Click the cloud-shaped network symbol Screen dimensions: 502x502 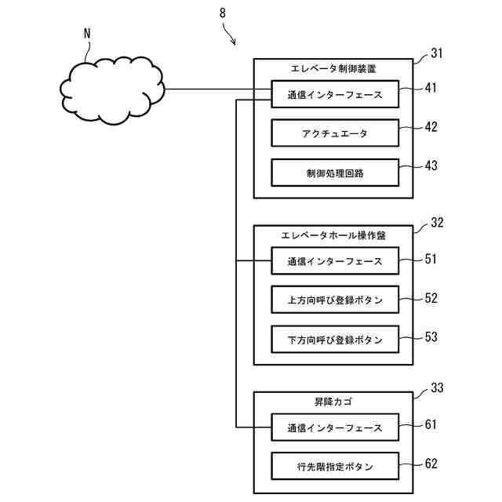(x=112, y=90)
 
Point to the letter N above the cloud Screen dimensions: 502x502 (x=87, y=34)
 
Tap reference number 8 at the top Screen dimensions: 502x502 (x=223, y=13)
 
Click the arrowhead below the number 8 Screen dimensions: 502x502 (x=234, y=42)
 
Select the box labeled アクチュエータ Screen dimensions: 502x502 (x=335, y=133)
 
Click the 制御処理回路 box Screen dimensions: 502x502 (x=335, y=173)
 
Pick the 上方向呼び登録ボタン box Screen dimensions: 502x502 (x=335, y=300)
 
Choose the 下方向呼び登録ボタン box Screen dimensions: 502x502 (x=335, y=340)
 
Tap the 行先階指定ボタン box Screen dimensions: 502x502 (x=335, y=466)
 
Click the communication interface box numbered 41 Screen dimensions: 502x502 (x=335, y=94)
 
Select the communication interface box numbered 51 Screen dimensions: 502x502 (x=335, y=261)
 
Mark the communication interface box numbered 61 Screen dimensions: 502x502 (x=335, y=427)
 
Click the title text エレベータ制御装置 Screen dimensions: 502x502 (x=333, y=69)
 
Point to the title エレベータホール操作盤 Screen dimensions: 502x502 (x=333, y=235)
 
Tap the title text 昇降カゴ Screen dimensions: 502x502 (x=333, y=402)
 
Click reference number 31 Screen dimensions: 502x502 (x=437, y=53)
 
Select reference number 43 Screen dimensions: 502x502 (x=431, y=166)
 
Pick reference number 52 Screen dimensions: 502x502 (x=431, y=298)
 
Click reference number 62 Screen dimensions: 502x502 (x=431, y=464)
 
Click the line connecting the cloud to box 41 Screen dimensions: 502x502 (x=218, y=89)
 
